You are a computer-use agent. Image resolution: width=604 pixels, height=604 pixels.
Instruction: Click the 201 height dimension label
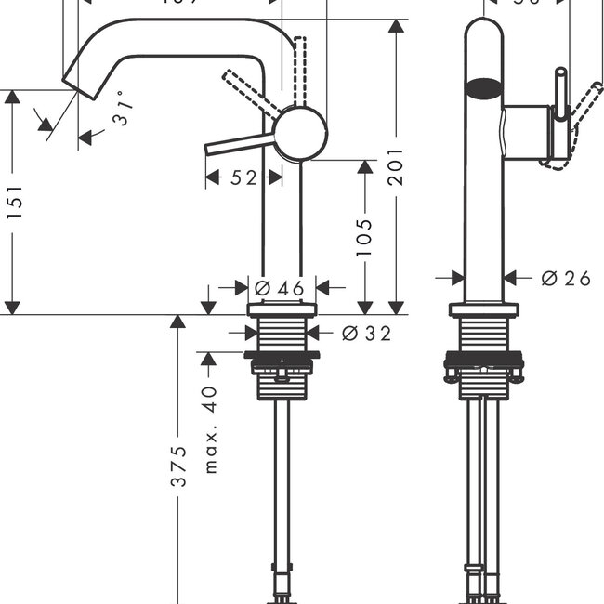coord(397,165)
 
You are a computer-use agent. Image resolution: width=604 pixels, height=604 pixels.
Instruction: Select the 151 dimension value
coord(14,202)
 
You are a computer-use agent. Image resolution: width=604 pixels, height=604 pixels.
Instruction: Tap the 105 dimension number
coord(363,237)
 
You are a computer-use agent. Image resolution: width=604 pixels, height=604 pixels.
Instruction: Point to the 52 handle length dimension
coord(243,177)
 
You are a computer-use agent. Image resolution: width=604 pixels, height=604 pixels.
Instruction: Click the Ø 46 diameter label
coord(280,289)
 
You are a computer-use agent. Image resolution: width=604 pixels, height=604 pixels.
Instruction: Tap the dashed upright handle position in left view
coord(299,70)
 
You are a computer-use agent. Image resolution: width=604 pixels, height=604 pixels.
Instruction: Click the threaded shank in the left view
coord(282,335)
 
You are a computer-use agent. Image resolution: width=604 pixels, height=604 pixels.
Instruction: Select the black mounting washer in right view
coord(483,358)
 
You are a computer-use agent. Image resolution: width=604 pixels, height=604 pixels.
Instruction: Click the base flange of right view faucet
coord(483,310)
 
